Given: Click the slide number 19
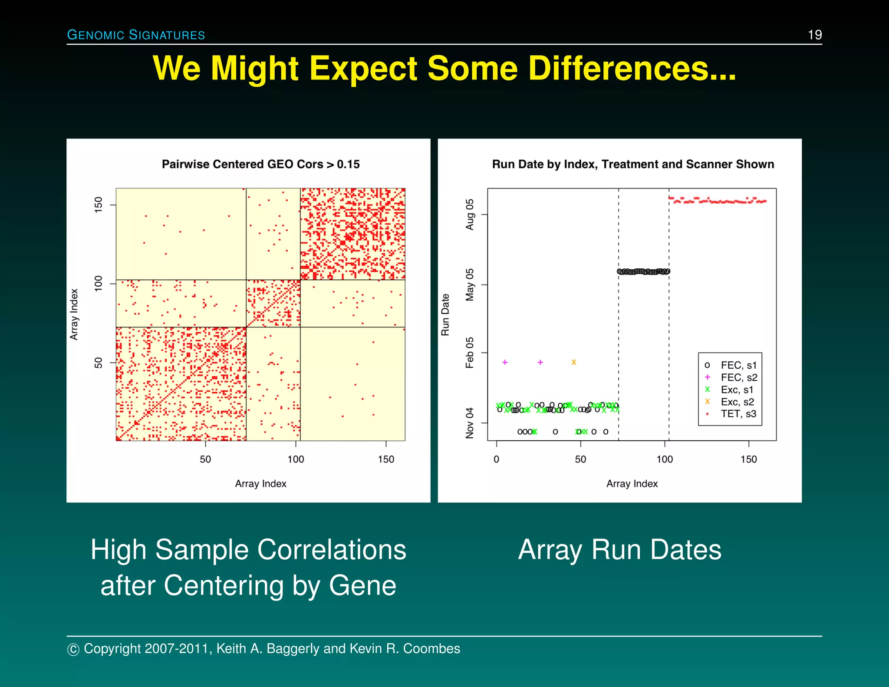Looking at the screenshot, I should click(x=814, y=35).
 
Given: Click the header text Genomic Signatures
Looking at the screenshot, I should click(x=136, y=35).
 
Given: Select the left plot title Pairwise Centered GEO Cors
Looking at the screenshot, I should click(x=260, y=164).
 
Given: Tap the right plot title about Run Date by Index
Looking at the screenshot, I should click(x=632, y=164).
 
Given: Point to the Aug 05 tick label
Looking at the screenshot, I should click(x=470, y=215).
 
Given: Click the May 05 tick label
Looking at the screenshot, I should click(x=470, y=284).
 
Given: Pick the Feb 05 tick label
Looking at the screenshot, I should click(x=470, y=353).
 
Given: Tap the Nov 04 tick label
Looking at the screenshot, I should click(x=470, y=423).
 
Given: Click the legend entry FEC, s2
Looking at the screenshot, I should click(x=738, y=377).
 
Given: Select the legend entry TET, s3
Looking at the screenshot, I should click(x=738, y=414).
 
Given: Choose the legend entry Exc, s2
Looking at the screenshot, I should click(x=737, y=402).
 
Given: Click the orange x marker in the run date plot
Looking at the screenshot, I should click(x=573, y=362).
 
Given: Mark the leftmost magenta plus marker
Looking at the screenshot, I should click(x=505, y=362).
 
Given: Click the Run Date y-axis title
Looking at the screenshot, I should click(x=445, y=314).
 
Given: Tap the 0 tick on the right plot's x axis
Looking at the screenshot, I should click(x=496, y=459).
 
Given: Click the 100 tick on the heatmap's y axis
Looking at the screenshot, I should click(x=99, y=283).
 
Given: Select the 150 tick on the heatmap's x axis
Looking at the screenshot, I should click(x=386, y=459).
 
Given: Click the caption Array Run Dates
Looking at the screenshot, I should click(x=619, y=550).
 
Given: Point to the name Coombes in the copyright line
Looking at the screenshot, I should click(x=431, y=648).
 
